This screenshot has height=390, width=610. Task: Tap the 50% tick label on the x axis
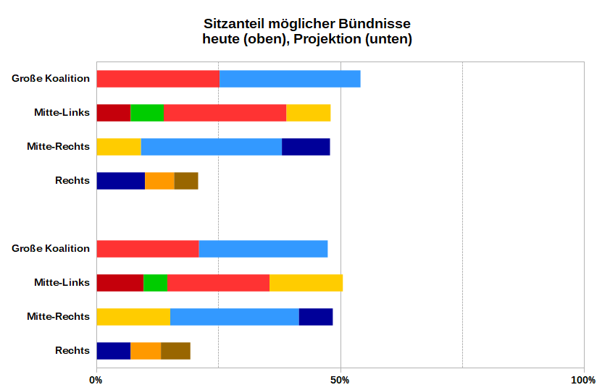click(340, 381)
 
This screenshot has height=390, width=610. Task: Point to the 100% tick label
click(583, 381)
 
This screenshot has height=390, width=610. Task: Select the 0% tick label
click(96, 381)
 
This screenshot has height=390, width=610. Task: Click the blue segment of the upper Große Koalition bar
click(290, 79)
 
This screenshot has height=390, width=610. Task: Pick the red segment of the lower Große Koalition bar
click(147, 248)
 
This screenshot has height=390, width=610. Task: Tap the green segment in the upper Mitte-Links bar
click(146, 113)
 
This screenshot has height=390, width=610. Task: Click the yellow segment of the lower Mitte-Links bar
click(306, 282)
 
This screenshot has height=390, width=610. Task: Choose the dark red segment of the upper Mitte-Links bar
click(113, 113)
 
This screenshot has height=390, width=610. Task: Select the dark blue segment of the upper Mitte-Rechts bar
click(306, 146)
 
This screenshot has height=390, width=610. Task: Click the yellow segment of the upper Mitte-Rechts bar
click(118, 146)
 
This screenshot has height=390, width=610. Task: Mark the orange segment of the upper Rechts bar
click(159, 180)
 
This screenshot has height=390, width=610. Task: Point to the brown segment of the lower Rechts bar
click(175, 350)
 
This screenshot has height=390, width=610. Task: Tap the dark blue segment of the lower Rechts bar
click(113, 350)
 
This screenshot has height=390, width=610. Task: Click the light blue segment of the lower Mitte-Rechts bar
click(234, 316)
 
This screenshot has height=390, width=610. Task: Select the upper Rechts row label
click(72, 180)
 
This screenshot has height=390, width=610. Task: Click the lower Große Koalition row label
click(51, 248)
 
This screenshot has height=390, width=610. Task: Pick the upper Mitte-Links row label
click(62, 113)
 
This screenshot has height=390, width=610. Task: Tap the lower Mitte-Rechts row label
click(58, 316)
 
